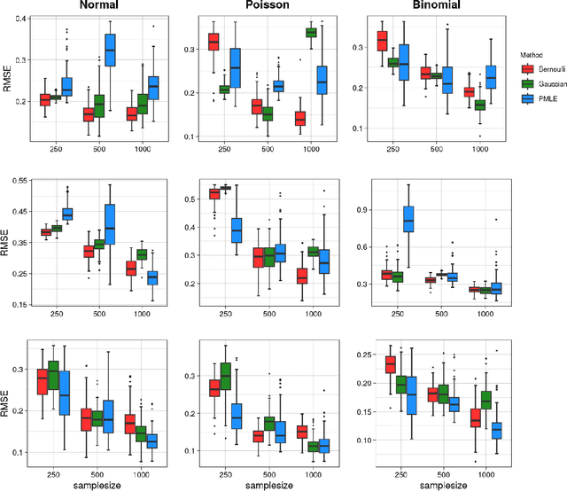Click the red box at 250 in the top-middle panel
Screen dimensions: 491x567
[x=214, y=42]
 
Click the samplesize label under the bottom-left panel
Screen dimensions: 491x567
[x=97, y=483]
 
